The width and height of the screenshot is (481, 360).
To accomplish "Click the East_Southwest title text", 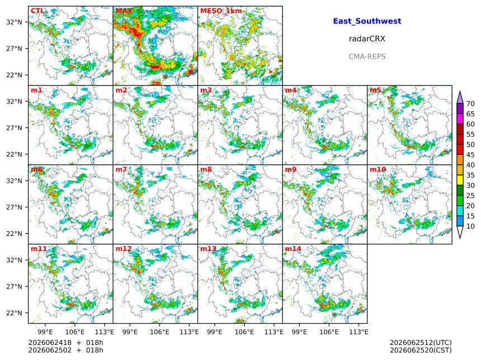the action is pyautogui.click(x=367, y=21).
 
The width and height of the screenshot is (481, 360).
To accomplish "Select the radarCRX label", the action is pyautogui.click(x=367, y=39).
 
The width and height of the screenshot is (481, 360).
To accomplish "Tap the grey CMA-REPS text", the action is pyautogui.click(x=367, y=56).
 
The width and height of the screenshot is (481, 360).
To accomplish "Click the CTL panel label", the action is pyautogui.click(x=37, y=11).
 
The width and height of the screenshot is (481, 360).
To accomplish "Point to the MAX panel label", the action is pyautogui.click(x=124, y=11).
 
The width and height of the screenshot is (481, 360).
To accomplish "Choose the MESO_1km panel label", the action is pyautogui.click(x=221, y=11).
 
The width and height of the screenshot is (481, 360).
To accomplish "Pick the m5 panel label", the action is pyautogui.click(x=375, y=90).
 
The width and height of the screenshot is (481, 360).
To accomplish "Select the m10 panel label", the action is pyautogui.click(x=378, y=169).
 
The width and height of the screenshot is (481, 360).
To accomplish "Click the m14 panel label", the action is pyautogui.click(x=293, y=249).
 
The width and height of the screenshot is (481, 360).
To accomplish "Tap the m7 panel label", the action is pyautogui.click(x=121, y=169).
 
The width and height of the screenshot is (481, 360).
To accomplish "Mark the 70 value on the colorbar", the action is pyautogui.click(x=470, y=104).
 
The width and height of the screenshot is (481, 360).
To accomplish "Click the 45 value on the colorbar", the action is pyautogui.click(x=470, y=155).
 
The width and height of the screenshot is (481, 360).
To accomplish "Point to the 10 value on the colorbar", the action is pyautogui.click(x=470, y=226).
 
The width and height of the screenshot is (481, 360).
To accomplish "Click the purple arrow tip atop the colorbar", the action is pyautogui.click(x=460, y=91).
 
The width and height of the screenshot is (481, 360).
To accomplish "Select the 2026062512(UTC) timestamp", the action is pyautogui.click(x=421, y=343).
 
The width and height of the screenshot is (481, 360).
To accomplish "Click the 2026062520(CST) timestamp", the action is pyautogui.click(x=421, y=350).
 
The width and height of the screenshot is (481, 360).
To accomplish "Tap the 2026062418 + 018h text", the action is pyautogui.click(x=65, y=343).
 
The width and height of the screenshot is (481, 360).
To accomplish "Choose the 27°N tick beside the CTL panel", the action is pyautogui.click(x=15, y=49).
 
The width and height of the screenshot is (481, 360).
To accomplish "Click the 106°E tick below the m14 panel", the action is pyautogui.click(x=329, y=332).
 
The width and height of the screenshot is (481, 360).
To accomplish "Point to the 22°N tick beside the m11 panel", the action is pyautogui.click(x=15, y=313).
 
